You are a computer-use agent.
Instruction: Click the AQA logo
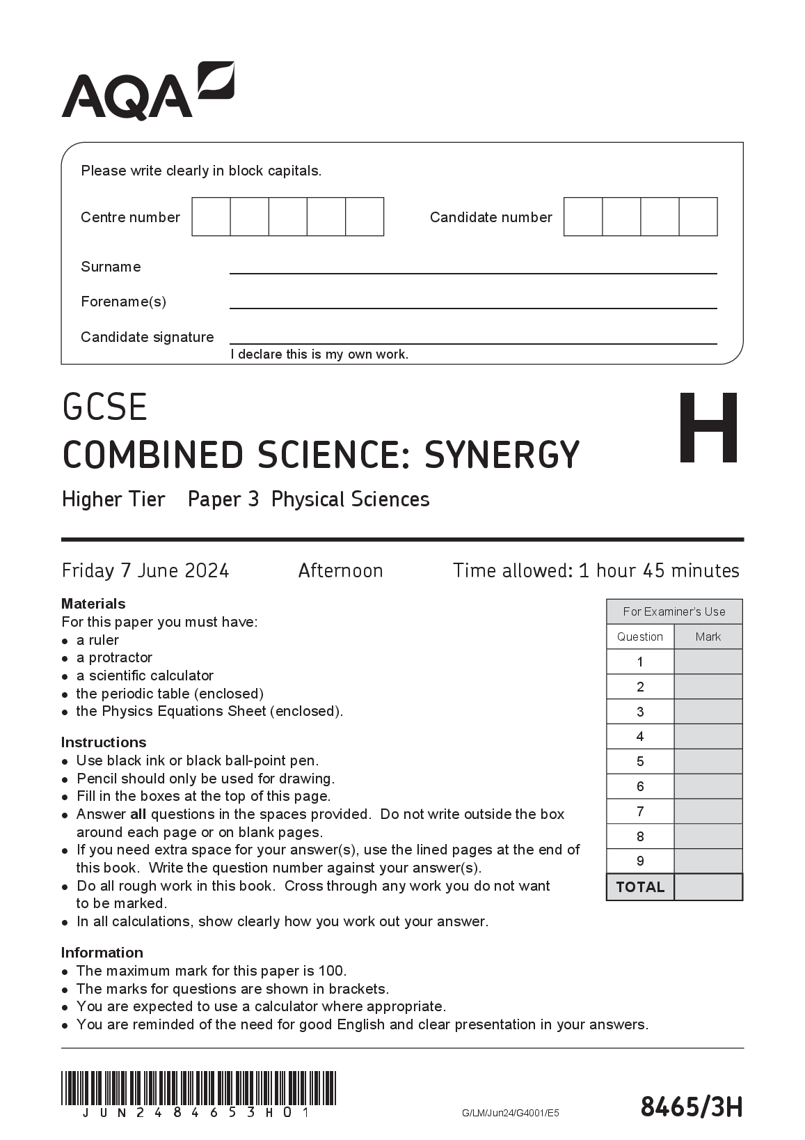(x=148, y=91)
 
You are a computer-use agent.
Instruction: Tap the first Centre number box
(x=211, y=217)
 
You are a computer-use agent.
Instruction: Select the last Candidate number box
(x=698, y=217)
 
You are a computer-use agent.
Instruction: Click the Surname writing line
(x=473, y=267)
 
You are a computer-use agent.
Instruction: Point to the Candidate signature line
(x=473, y=338)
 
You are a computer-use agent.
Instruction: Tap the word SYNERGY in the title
(x=502, y=455)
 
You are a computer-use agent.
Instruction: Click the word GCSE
(x=105, y=407)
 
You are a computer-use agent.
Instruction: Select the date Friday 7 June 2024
(x=145, y=571)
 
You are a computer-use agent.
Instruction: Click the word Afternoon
(x=340, y=571)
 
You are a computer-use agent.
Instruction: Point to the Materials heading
(x=93, y=604)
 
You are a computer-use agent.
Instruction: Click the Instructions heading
(x=104, y=742)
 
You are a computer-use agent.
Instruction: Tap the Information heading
(x=102, y=953)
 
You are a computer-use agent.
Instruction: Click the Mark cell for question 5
(x=708, y=761)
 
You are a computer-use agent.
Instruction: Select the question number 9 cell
(x=640, y=861)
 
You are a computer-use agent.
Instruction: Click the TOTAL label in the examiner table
(x=640, y=887)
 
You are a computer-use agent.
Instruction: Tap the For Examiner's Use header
(x=674, y=611)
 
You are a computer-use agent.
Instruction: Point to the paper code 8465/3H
(x=691, y=1107)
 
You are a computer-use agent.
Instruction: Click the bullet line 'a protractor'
(x=114, y=657)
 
